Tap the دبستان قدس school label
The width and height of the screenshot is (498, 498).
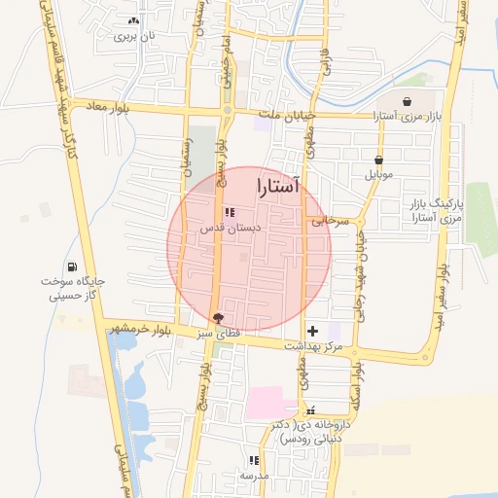click(227, 229)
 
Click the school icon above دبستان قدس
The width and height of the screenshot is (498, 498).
click(230, 212)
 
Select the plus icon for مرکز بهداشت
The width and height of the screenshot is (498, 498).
click(312, 332)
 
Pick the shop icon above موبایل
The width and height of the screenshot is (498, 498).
click(377, 160)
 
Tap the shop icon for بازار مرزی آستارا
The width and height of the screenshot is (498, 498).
click(406, 101)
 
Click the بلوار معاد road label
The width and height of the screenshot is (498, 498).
click(106, 105)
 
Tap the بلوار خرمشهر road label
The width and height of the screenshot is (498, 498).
click(148, 330)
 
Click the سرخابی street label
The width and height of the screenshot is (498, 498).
click(330, 222)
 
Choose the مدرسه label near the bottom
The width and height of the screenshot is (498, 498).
click(254, 477)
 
